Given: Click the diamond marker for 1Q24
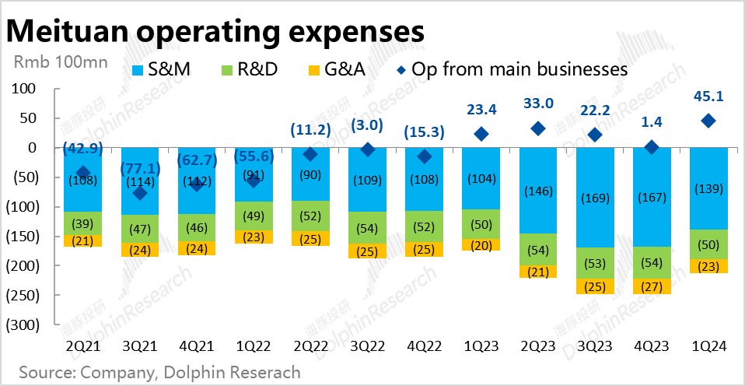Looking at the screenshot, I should (x=708, y=121).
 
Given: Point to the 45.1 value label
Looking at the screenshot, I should (x=708, y=97).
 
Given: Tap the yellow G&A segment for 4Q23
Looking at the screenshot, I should (x=652, y=286).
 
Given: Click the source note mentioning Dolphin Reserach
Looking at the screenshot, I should (x=159, y=372).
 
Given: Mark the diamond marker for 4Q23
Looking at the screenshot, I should (x=652, y=146).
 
